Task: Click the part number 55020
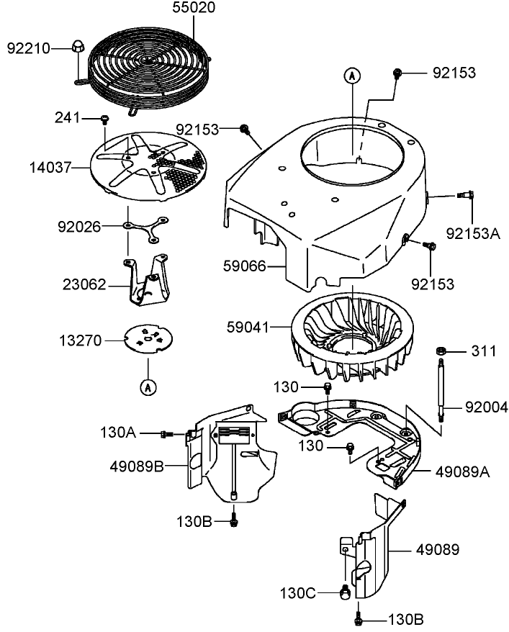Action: pos(193,9)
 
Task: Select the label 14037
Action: pos(50,167)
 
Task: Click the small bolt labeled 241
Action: pos(105,117)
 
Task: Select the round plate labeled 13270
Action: pos(149,339)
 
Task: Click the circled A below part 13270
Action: pos(148,387)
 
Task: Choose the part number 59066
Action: pos(244,267)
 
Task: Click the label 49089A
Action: pos(463,471)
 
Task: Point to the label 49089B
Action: pos(137,465)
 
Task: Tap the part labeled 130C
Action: pos(345,592)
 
